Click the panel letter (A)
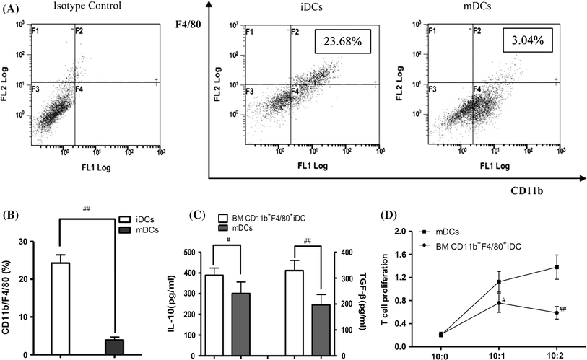(x=13, y=7)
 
